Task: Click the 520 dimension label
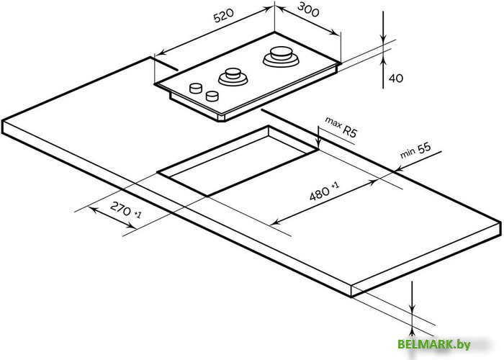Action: (x=224, y=16)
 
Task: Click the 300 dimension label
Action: (x=307, y=9)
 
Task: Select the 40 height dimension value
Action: (x=396, y=78)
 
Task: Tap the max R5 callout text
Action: (x=341, y=127)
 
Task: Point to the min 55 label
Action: (x=415, y=150)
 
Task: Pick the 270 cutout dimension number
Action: (x=121, y=209)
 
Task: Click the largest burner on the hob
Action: (x=281, y=57)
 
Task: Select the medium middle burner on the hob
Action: (x=233, y=77)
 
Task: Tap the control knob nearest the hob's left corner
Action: (x=196, y=88)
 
